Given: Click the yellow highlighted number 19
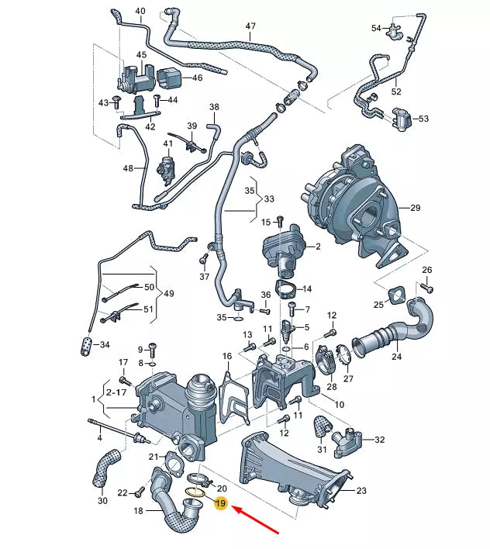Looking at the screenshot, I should pos(220,504).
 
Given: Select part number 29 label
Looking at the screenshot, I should pos(415,208).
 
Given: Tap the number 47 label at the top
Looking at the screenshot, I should pos(250,26).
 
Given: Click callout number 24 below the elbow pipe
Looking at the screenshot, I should pos(396,357).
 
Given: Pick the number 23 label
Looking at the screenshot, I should pos(361,491).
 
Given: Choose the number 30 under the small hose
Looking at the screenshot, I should pos(102,501).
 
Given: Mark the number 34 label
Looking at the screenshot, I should pos(105,345).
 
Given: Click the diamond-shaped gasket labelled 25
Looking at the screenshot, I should pos(398,295).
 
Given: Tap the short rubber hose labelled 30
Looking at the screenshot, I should pos(105,468).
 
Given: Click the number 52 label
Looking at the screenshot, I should pos(396,91).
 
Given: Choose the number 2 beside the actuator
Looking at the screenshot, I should pos(317,247).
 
